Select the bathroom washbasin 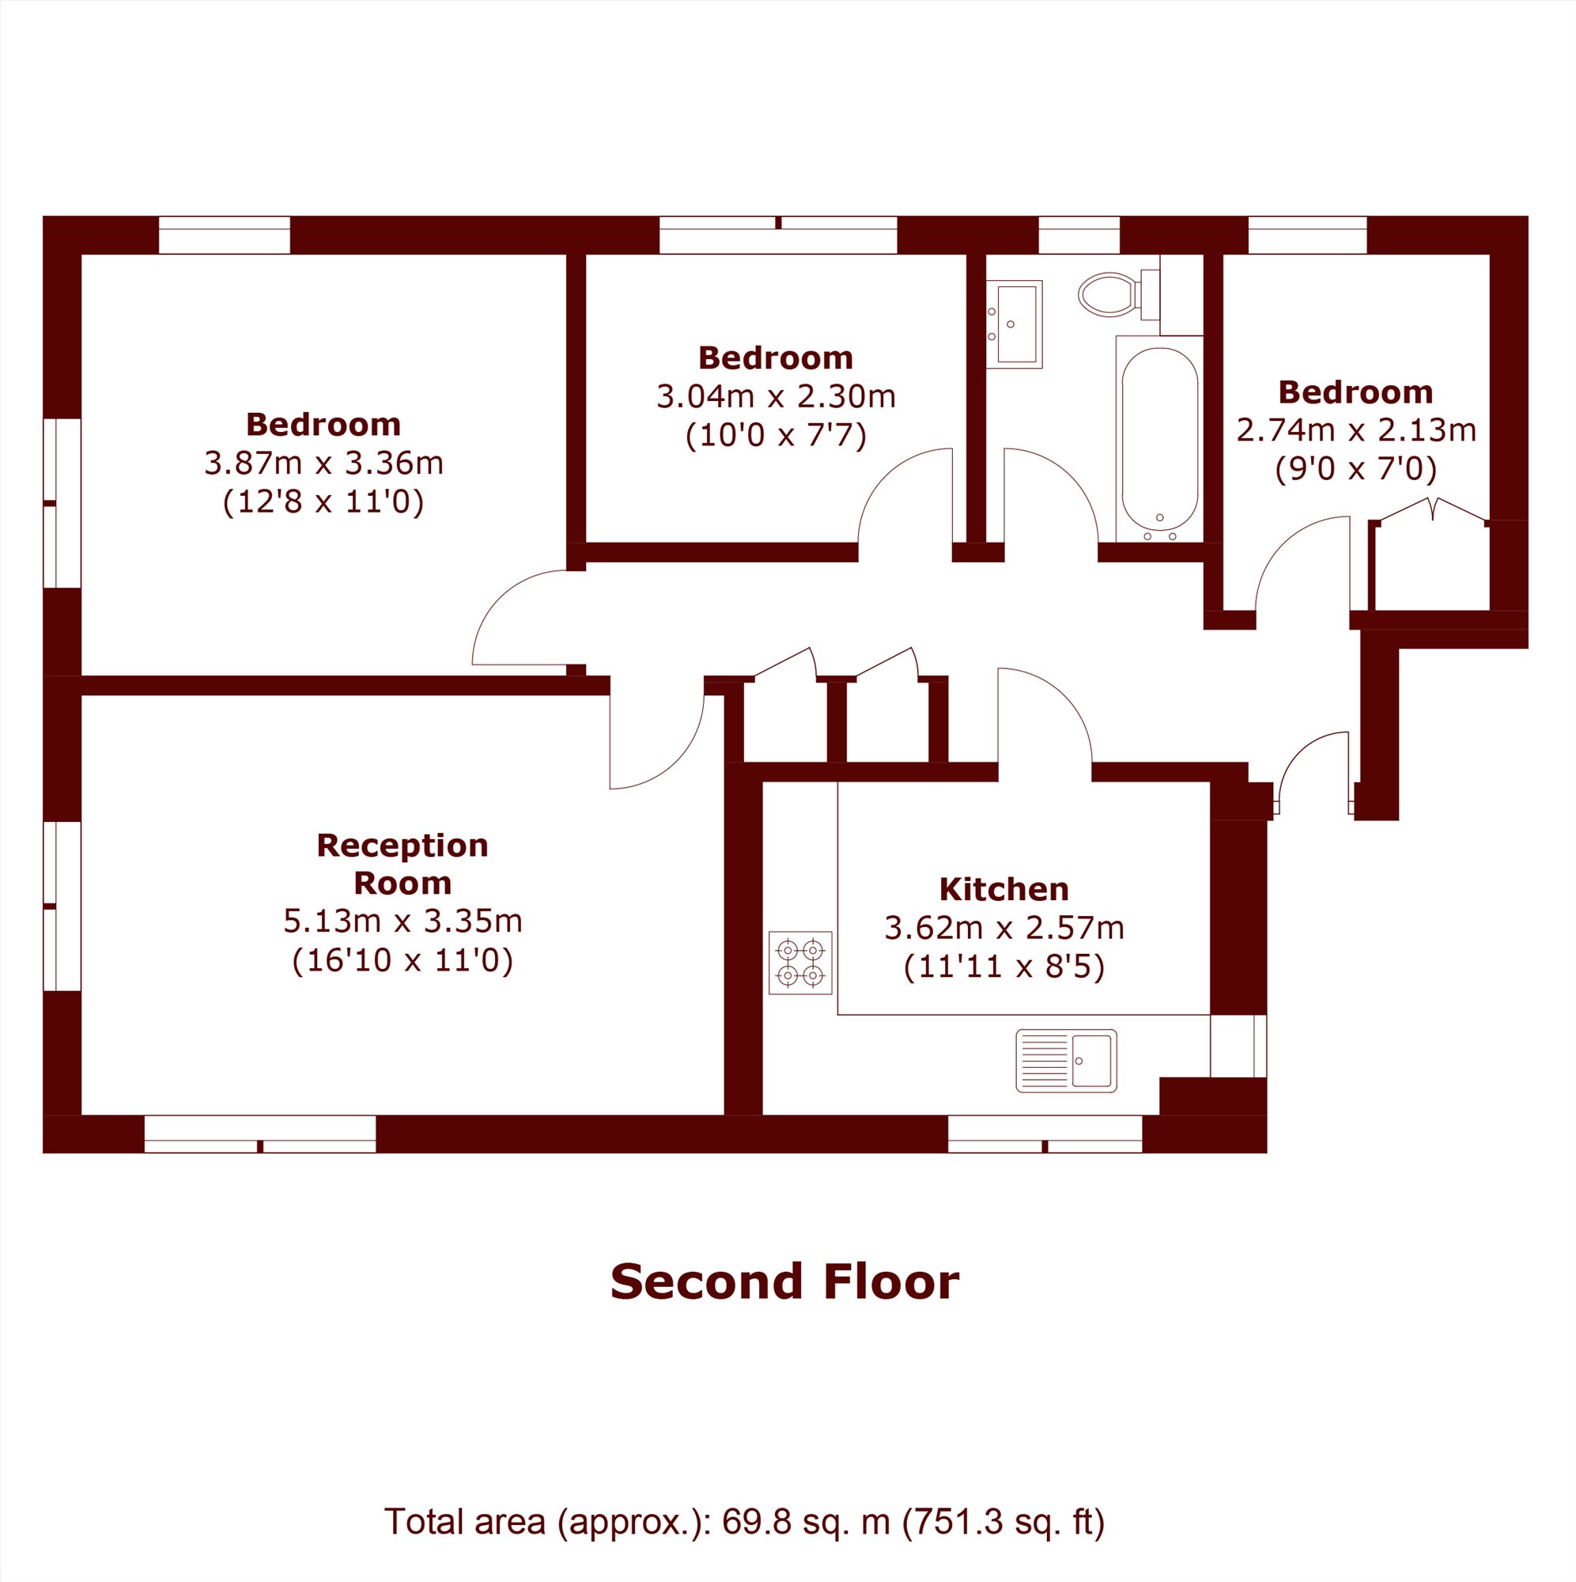[1014, 324]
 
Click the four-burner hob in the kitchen [800, 962]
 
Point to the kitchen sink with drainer [1066, 1061]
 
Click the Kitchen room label [1003, 889]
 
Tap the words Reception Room [402, 864]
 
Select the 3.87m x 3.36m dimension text [323, 464]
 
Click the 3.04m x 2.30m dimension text [775, 396]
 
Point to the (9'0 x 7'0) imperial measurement [1355, 468]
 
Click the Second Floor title [784, 1282]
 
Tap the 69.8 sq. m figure [806, 1522]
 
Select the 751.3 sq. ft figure [1003, 1522]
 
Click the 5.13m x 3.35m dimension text [402, 922]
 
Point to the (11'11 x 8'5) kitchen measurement [1003, 967]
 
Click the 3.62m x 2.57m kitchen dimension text [1003, 928]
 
